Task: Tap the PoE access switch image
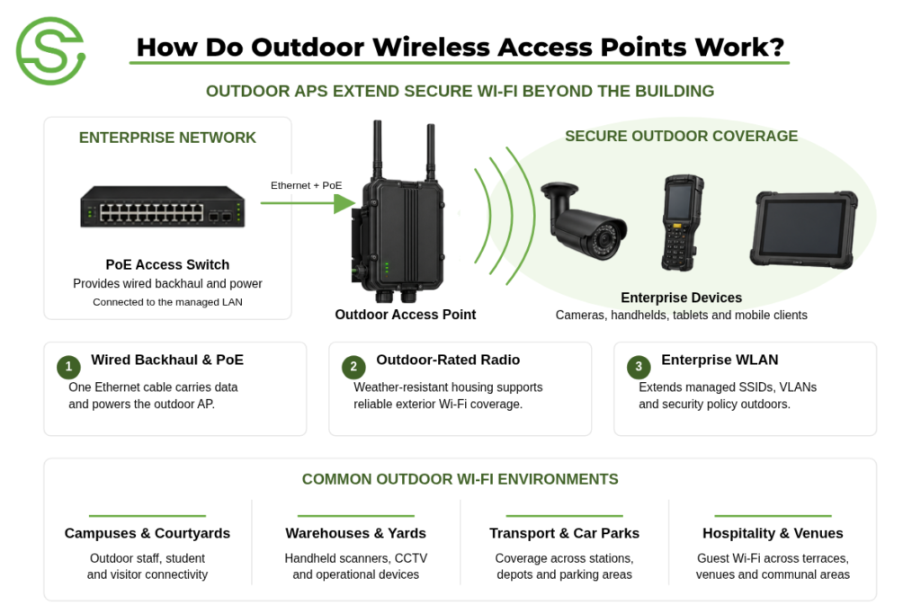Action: [163, 207]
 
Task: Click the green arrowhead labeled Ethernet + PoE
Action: [344, 203]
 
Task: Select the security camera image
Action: [583, 220]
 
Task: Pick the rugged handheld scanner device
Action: [682, 222]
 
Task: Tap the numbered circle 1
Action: [68, 367]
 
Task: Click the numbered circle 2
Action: [353, 367]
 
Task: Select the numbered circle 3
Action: [639, 367]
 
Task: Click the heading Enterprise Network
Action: [167, 138]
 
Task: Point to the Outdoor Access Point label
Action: [406, 315]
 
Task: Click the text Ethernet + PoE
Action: [306, 185]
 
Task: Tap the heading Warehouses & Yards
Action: [356, 533]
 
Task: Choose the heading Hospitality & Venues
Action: [773, 533]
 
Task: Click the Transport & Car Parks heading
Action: [565, 533]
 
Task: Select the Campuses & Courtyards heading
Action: [148, 533]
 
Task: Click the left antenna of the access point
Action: [378, 150]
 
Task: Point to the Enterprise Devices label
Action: [682, 298]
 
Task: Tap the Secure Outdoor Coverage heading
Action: [682, 136]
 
